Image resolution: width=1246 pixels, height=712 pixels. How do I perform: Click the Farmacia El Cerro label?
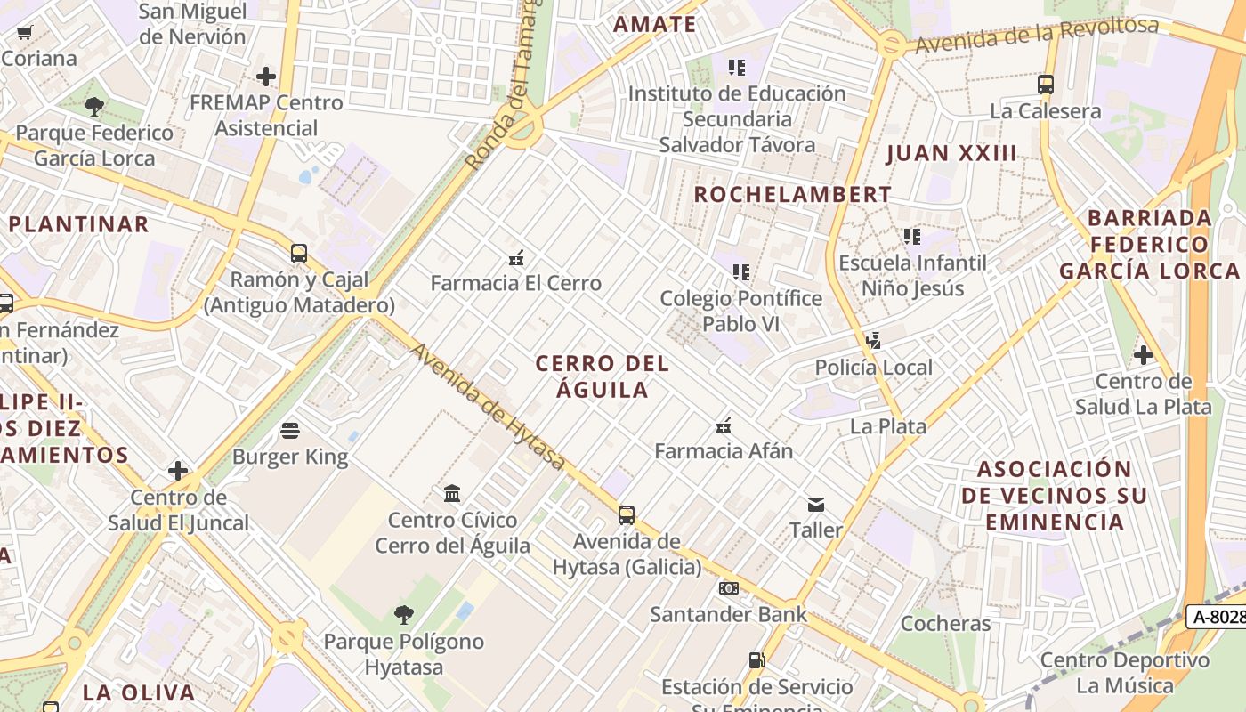pos(516,283)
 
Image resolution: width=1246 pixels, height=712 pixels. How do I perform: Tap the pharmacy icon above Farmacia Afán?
pos(724,425)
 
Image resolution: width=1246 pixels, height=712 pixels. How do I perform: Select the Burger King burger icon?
pos(290,431)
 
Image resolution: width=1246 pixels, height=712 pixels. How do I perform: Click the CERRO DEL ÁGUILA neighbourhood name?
pos(603,376)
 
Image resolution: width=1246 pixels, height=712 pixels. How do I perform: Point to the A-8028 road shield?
pos(1218,616)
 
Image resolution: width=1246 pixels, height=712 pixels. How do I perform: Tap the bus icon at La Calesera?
pos(1046,85)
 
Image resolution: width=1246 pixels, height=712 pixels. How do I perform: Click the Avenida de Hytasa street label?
pos(488,407)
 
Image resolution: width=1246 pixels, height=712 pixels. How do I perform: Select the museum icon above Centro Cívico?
pos(452,493)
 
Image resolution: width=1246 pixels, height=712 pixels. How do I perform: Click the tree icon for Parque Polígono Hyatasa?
pos(404,614)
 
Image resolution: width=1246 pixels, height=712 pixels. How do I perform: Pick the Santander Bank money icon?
pos(729,588)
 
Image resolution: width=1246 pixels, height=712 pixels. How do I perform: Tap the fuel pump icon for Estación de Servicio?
pos(756,660)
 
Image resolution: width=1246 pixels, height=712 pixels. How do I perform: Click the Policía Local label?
pos(874,368)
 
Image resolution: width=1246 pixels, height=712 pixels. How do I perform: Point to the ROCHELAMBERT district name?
pos(792,194)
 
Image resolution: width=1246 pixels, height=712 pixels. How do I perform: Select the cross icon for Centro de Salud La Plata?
pos(1144,356)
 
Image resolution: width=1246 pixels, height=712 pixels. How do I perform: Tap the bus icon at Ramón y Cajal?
pos(299,254)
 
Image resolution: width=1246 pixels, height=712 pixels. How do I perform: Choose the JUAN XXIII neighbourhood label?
pos(951,153)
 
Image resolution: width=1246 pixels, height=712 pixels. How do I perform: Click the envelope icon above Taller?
pos(816,505)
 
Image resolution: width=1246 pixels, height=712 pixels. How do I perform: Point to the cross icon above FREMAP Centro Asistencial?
pos(266,77)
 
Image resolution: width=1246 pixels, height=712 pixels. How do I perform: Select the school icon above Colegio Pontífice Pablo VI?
pos(740,272)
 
